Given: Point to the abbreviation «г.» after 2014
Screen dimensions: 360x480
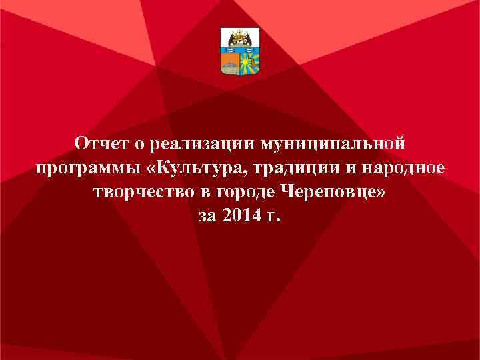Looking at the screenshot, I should (x=275, y=217).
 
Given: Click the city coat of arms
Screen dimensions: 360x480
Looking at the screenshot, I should (x=240, y=51).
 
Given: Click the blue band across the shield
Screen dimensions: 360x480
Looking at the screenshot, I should (x=240, y=50).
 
